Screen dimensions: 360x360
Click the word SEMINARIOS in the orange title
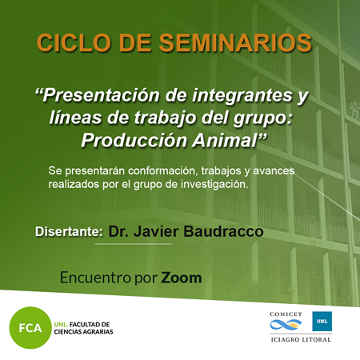(x=235, y=42)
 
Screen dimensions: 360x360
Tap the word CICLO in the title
(x=74, y=42)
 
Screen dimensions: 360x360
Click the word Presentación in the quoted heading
(x=101, y=95)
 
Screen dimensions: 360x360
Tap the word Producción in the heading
(x=134, y=140)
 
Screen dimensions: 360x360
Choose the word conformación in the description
(x=163, y=170)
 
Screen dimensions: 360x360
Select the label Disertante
(x=69, y=231)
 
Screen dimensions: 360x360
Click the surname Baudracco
(x=223, y=231)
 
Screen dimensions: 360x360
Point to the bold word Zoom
(x=182, y=278)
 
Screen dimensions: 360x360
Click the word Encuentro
(x=95, y=278)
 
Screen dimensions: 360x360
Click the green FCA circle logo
(x=30, y=327)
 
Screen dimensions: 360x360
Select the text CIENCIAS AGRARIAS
(x=83, y=332)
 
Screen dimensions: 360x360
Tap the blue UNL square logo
(x=322, y=321)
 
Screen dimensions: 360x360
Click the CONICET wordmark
(x=286, y=314)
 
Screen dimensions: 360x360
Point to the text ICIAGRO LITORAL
(x=301, y=339)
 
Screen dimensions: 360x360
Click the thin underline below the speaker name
(x=134, y=244)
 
